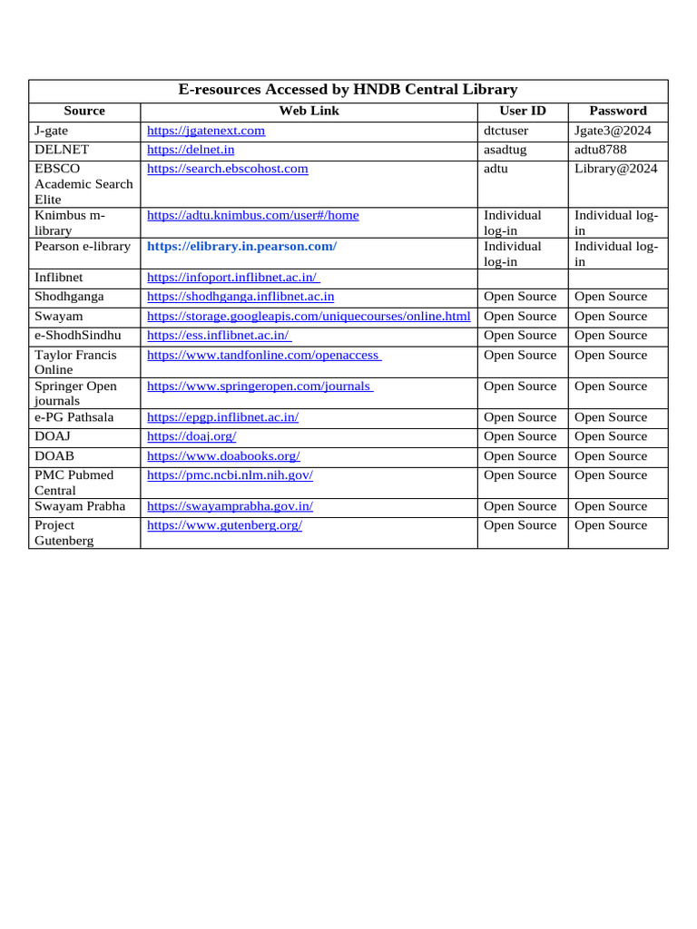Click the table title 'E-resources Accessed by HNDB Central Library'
coord(348,90)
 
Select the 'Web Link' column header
coord(309,111)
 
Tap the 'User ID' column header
coord(523,111)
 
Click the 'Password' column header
coord(618,111)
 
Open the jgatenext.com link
coord(206,131)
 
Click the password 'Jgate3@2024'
coord(613,131)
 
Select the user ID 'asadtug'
coord(506,150)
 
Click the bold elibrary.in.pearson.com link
coord(241,246)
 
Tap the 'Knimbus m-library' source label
coord(70,223)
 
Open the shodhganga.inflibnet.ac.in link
coord(241,297)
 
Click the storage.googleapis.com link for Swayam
coord(309,316)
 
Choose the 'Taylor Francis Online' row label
coord(77,363)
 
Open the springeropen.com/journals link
coord(260,386)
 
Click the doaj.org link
coord(191,436)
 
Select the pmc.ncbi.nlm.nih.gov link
coord(230,475)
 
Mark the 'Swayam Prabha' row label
coord(80,506)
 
